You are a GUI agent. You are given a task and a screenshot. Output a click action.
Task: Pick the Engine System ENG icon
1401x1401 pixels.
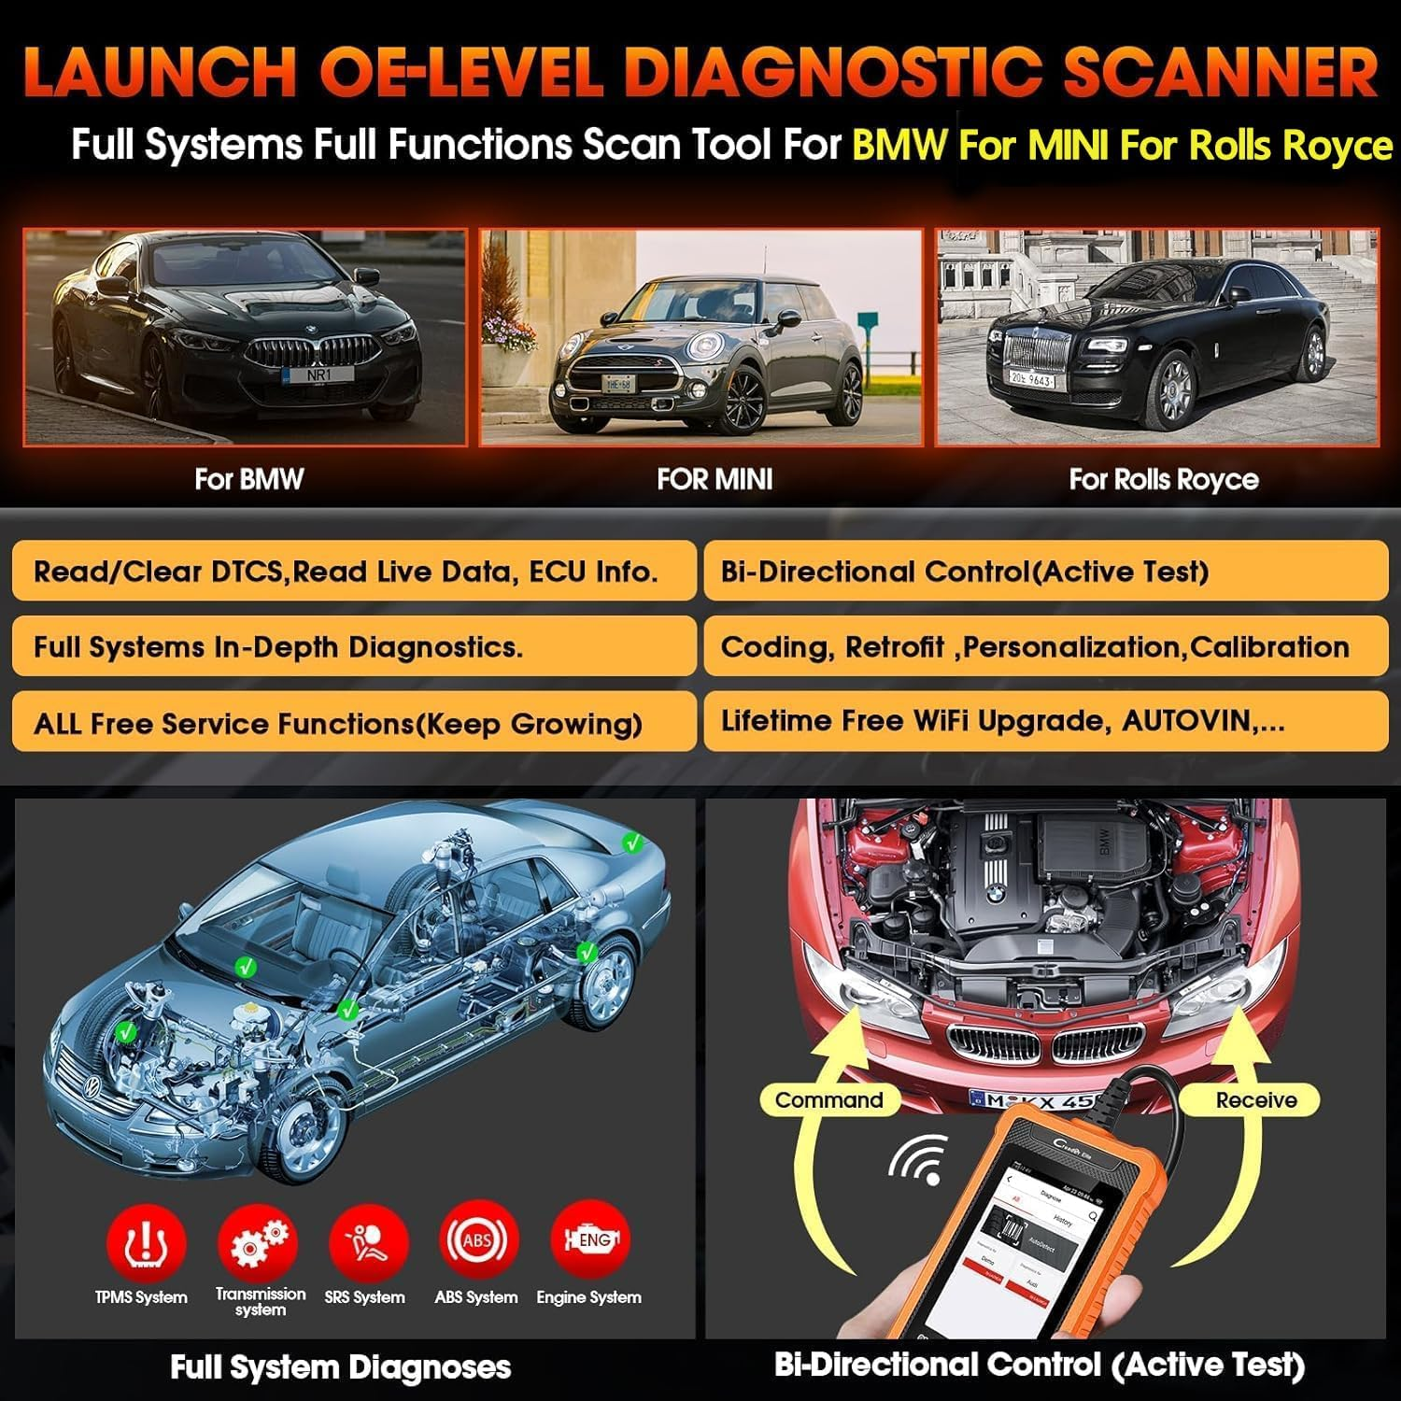tap(590, 1240)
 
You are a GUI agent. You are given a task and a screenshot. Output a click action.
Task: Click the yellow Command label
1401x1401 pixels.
tap(828, 1099)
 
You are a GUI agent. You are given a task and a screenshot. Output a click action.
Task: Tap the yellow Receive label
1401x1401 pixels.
tap(1255, 1099)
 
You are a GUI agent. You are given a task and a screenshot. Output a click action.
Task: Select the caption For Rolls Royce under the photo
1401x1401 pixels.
tap(1163, 479)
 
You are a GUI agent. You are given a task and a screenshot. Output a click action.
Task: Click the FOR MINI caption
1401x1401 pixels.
tap(715, 479)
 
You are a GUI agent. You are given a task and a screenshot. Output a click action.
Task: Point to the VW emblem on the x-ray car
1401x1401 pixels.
tap(93, 1087)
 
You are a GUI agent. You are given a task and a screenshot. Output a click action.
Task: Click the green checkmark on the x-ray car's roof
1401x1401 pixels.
tap(633, 842)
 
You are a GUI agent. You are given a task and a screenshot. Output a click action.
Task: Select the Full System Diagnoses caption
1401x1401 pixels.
tap(340, 1367)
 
